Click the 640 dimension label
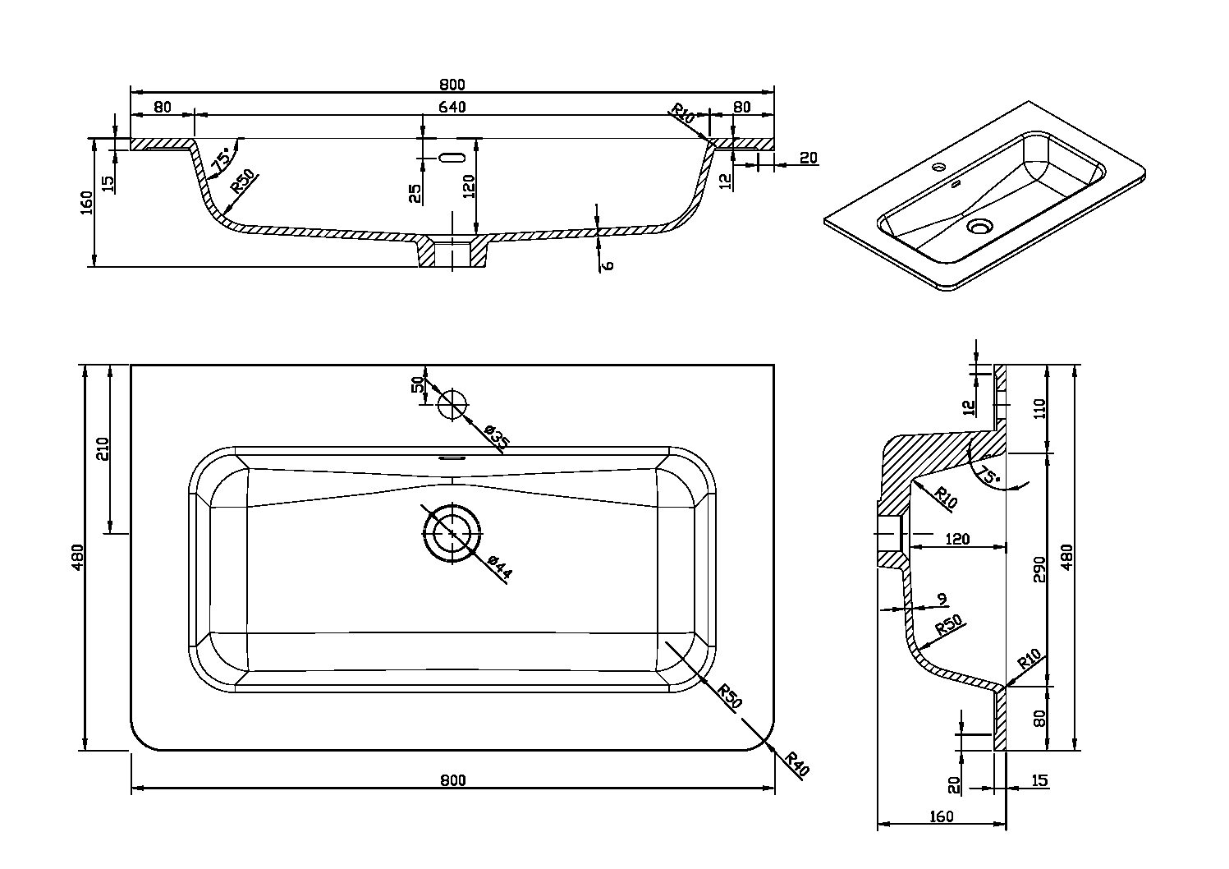(x=452, y=107)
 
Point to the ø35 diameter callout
(x=497, y=437)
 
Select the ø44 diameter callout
(x=499, y=568)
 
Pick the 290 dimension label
(x=1039, y=568)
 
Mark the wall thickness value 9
(x=942, y=599)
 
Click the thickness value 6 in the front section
(x=608, y=264)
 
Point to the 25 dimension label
(x=415, y=192)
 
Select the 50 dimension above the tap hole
(x=418, y=384)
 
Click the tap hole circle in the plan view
(x=452, y=404)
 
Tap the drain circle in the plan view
(x=452, y=533)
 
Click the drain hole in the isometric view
(x=979, y=226)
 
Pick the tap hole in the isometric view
(x=938, y=168)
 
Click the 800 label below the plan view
(x=452, y=780)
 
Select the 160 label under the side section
(x=941, y=816)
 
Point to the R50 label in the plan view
(x=729, y=696)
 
